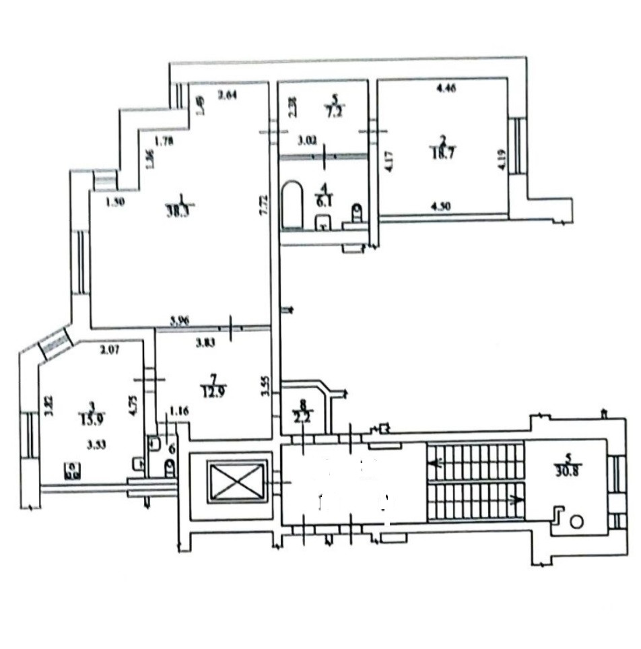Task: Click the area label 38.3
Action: coord(176,209)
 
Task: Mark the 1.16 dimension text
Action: coord(178,410)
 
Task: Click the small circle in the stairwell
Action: coord(577,521)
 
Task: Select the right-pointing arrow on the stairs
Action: coord(515,500)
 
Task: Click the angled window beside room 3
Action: coord(55,343)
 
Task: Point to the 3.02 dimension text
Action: coord(308,141)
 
